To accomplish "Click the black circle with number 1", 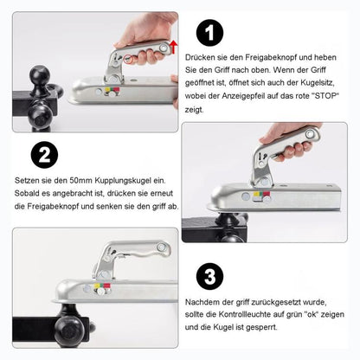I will (209, 34).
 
